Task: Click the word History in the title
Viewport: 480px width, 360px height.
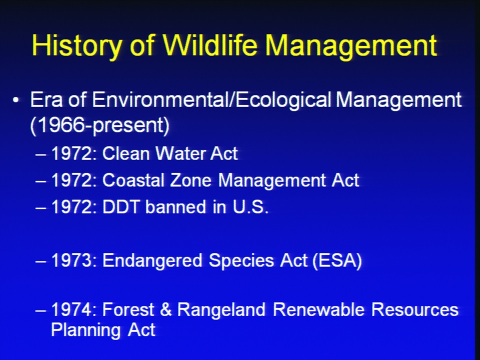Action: (76, 45)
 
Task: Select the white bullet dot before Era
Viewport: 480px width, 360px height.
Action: (16, 100)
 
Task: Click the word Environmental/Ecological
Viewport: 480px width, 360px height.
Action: (211, 100)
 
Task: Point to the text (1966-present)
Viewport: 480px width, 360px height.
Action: (100, 125)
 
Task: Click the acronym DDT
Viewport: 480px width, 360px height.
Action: (120, 207)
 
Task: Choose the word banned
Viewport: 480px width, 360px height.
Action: (175, 207)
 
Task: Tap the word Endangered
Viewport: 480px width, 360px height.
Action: (152, 260)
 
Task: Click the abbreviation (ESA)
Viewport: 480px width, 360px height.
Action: (337, 261)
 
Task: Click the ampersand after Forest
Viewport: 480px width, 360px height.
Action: (165, 309)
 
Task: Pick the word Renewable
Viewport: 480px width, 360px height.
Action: (318, 309)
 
